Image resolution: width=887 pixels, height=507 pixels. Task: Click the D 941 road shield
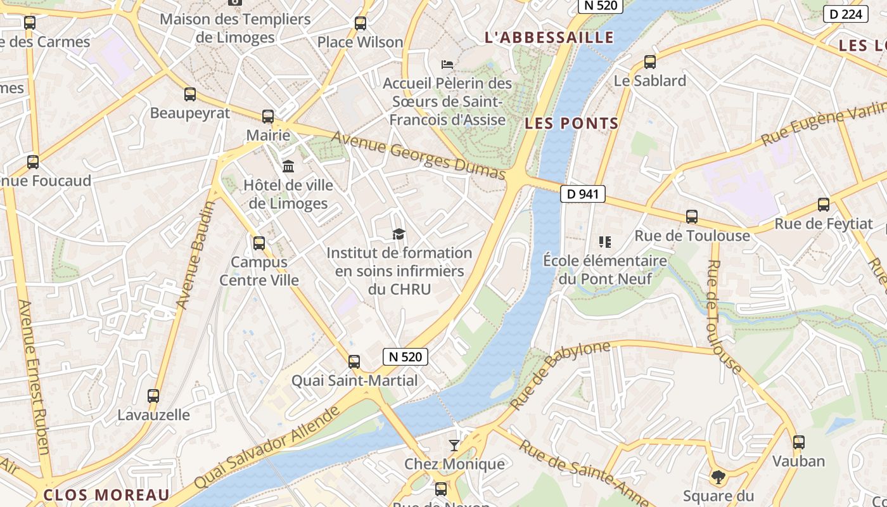tap(582, 194)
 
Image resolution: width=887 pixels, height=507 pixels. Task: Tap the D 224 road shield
tap(845, 14)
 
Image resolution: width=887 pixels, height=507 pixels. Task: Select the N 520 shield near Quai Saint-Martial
tap(405, 356)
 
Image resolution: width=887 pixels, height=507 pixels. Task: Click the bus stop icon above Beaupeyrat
tap(190, 94)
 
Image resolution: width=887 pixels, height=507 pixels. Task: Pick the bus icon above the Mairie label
tap(268, 117)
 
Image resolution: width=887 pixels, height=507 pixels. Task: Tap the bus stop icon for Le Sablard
tap(649, 62)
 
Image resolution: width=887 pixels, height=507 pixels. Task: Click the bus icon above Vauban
tap(799, 442)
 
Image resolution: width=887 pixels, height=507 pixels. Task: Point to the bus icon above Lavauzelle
tap(153, 396)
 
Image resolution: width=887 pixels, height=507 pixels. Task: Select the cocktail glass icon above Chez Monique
tap(454, 445)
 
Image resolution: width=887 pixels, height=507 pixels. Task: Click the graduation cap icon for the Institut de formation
tap(399, 234)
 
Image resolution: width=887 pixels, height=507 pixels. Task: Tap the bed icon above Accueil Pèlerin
tap(447, 65)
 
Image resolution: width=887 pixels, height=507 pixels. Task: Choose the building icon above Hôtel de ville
tap(288, 167)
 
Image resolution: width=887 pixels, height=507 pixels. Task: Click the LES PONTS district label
tap(571, 124)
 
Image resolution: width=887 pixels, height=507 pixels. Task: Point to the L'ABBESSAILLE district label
tap(549, 37)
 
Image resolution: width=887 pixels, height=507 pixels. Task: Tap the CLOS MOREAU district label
tap(106, 495)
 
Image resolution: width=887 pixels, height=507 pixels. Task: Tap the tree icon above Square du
tap(718, 477)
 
